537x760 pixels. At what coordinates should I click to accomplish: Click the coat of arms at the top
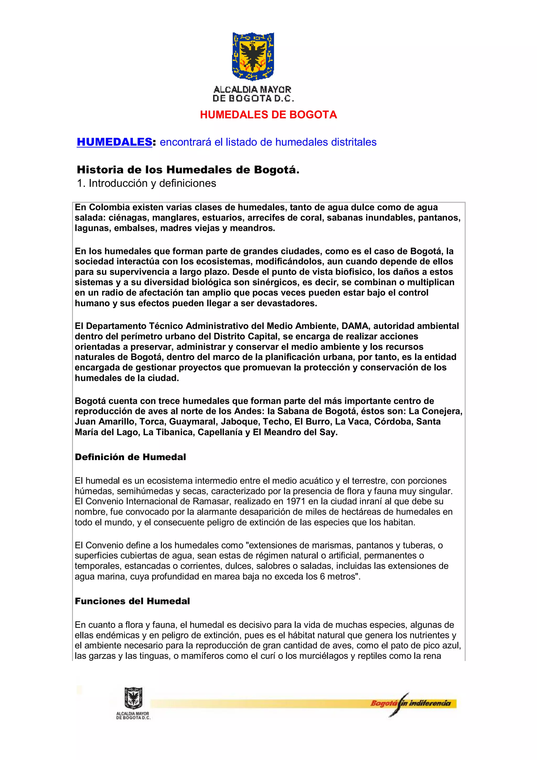[253, 56]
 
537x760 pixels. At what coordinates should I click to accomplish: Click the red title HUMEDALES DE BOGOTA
[268, 115]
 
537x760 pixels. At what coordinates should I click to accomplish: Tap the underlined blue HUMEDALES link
[114, 142]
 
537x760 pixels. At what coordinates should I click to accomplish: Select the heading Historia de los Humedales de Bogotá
[188, 170]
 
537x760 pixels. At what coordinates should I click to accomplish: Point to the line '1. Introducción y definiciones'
[146, 183]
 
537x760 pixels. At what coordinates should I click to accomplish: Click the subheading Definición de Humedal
[130, 457]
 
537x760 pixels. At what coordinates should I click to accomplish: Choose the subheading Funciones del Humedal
[132, 601]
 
